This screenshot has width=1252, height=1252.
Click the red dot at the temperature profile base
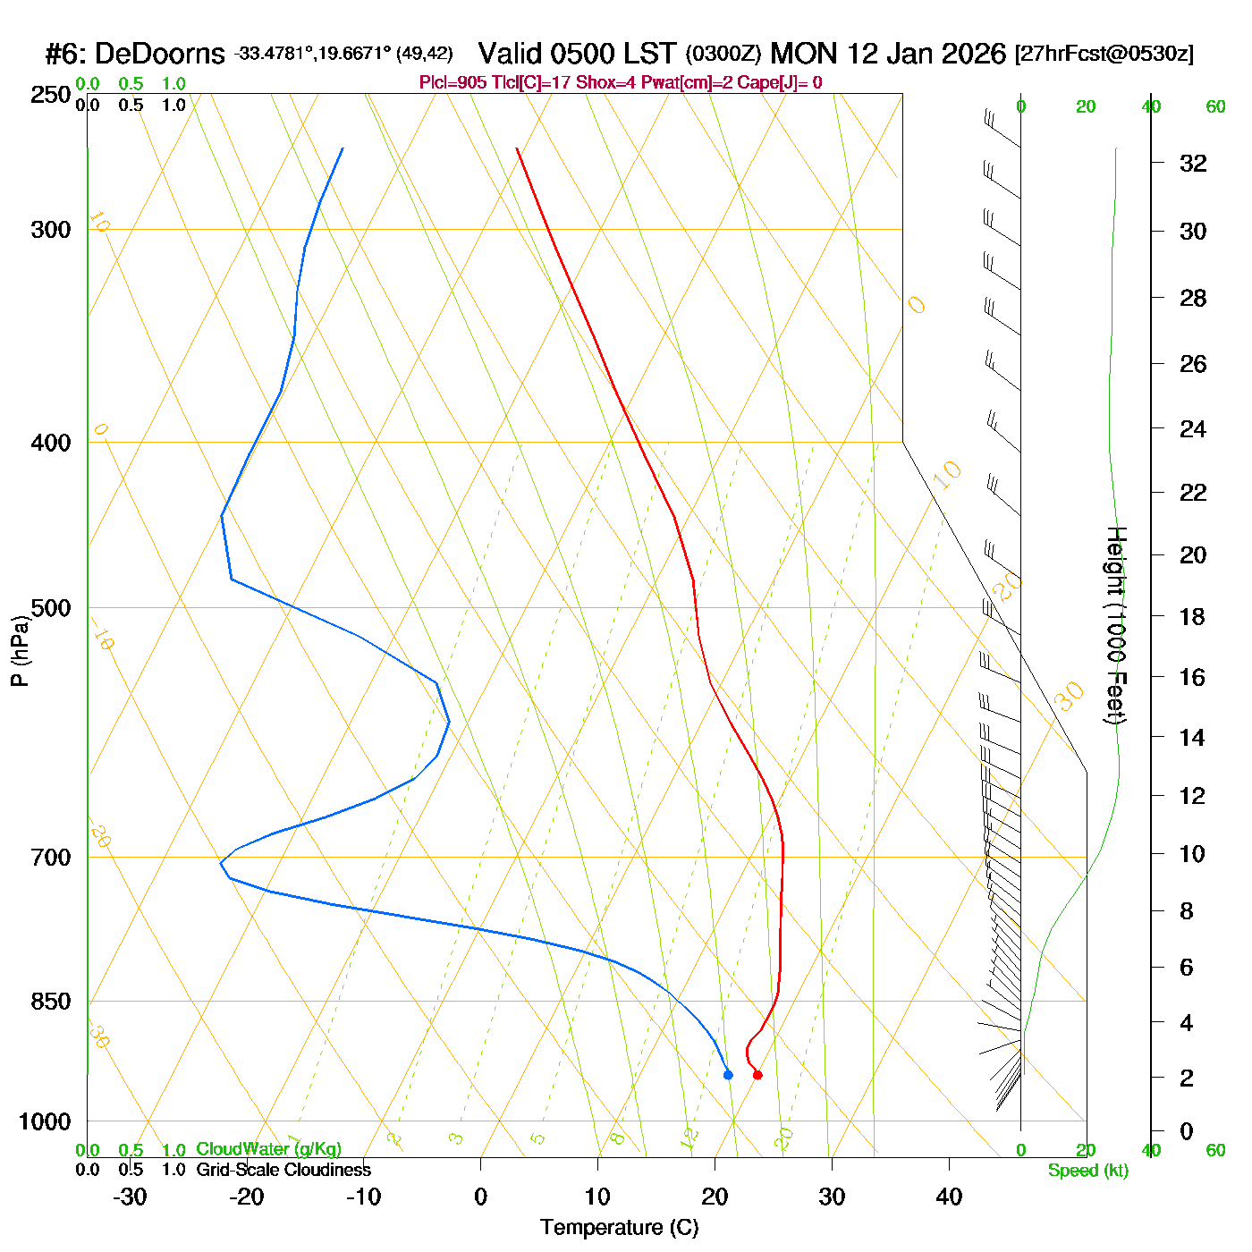tap(757, 1075)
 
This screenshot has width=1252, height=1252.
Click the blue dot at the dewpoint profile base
tap(728, 1075)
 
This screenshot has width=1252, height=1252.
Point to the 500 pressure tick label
tap(51, 608)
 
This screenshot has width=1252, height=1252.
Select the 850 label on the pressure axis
tap(51, 1002)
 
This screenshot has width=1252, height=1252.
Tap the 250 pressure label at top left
tap(51, 95)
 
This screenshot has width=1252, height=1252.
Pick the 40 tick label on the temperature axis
tap(949, 1197)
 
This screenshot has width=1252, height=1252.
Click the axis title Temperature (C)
tap(619, 1228)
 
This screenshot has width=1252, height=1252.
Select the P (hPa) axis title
tap(20, 650)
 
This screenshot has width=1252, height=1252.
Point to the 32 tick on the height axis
tap(1193, 163)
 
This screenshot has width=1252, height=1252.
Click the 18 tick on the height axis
tap(1193, 616)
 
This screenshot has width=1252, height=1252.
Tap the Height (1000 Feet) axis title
tap(1116, 625)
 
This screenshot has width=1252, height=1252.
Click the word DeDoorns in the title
tap(159, 55)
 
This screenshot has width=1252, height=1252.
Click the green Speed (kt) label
tap(1088, 1171)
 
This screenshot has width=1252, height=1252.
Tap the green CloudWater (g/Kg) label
tap(268, 1149)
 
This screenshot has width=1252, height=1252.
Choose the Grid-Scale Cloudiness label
tap(283, 1170)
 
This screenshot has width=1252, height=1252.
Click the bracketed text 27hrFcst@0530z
tap(1104, 54)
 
